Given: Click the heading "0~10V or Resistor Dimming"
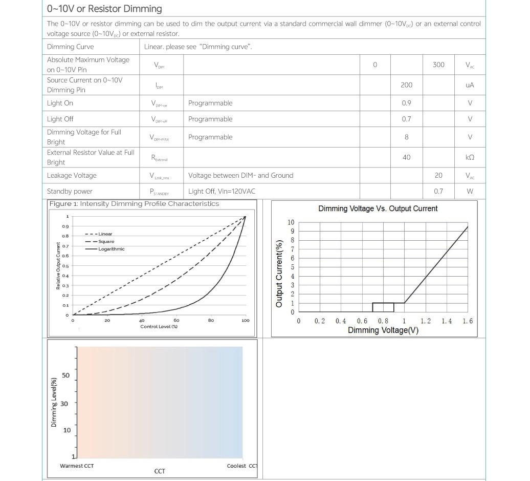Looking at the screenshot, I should click(104, 9).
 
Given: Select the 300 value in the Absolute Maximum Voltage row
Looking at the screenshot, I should click(438, 65).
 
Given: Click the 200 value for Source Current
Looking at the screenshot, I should click(406, 85).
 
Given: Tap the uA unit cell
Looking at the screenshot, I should click(470, 85).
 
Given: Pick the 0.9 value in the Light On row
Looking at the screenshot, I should click(406, 103).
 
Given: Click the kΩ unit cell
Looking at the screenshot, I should click(470, 157).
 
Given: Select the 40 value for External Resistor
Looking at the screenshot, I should click(406, 157).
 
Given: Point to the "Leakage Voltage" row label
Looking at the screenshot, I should click(72, 176).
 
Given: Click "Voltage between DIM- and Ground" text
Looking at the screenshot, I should click(240, 176).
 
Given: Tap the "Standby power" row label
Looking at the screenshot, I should click(70, 192).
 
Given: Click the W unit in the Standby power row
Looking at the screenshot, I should click(470, 192).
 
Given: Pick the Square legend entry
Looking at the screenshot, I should click(106, 241).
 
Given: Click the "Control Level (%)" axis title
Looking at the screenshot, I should click(159, 327).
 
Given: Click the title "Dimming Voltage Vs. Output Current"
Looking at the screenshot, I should click(378, 208).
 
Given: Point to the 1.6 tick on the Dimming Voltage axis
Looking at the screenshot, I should click(468, 321).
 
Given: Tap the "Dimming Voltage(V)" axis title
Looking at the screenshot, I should click(383, 330).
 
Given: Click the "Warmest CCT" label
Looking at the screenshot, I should click(77, 466).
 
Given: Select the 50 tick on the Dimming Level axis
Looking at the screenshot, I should click(65, 375).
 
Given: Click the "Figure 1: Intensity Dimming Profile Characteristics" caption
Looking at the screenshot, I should click(134, 204).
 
